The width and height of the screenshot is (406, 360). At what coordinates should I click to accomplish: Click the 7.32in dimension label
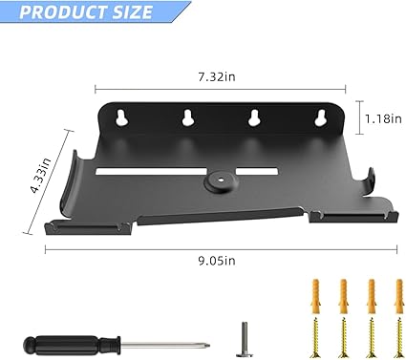click(x=217, y=77)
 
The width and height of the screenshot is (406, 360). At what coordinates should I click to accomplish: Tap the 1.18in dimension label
click(x=383, y=118)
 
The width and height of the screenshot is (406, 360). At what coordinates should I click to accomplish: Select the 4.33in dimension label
click(x=41, y=175)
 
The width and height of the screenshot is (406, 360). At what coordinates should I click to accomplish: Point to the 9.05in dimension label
click(x=217, y=261)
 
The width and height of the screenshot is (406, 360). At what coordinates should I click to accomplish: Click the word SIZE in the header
click(x=130, y=12)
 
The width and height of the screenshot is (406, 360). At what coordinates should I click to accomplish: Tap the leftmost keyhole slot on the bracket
click(x=122, y=117)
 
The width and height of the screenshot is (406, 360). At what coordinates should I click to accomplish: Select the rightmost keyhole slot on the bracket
click(x=320, y=117)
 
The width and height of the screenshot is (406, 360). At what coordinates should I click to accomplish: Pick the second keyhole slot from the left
click(x=187, y=117)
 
